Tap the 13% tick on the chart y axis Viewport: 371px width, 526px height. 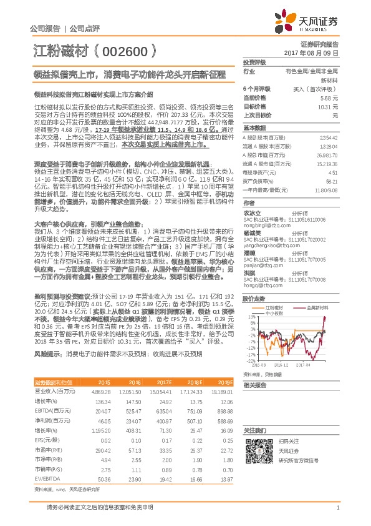click(249, 317)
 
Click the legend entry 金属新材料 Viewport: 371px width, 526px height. click(320, 308)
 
